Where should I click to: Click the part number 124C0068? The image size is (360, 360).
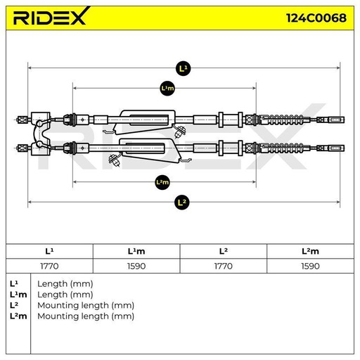[316, 18]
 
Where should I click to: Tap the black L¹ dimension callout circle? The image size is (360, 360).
[183, 68]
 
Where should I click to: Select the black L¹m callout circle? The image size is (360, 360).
[167, 89]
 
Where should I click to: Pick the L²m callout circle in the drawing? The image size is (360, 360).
[162, 182]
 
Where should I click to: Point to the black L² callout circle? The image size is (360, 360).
[181, 202]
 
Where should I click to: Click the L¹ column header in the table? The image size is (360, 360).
[49, 251]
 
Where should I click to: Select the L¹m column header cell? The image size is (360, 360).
[136, 251]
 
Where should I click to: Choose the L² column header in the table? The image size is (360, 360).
[223, 251]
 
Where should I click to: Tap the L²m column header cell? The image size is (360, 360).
[310, 251]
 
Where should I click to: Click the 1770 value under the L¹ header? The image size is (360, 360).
[49, 266]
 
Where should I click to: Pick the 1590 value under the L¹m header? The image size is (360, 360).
[136, 266]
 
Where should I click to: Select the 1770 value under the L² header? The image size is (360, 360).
[223, 266]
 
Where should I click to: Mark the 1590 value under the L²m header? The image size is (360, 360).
[310, 266]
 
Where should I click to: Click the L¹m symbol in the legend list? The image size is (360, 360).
[18, 295]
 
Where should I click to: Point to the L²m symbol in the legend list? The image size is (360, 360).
[18, 316]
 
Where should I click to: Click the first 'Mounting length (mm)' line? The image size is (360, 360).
[86, 305]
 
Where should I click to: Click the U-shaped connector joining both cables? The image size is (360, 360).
[41, 134]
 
